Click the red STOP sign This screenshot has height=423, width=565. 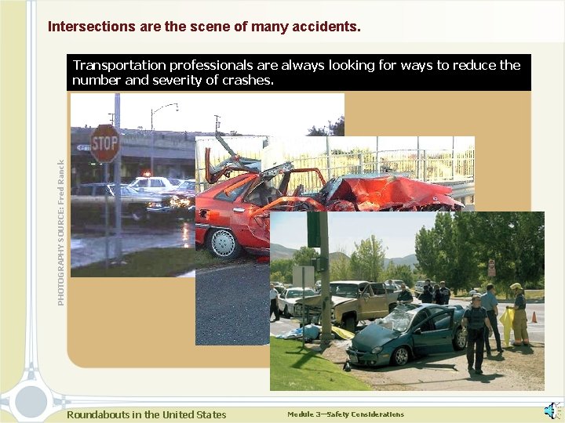pos(105,143)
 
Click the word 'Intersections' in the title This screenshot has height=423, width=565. pos(91,27)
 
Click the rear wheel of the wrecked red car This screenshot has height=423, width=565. pos(225,243)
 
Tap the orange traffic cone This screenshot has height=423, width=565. pos(534,316)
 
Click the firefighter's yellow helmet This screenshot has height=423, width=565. pos(516,287)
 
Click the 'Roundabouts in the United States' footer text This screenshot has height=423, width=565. pos(146,414)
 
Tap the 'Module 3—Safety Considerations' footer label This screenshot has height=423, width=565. pos(345,414)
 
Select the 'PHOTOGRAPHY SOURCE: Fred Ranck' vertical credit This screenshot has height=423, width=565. pos(62,233)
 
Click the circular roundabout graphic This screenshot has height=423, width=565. pos(31,400)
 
